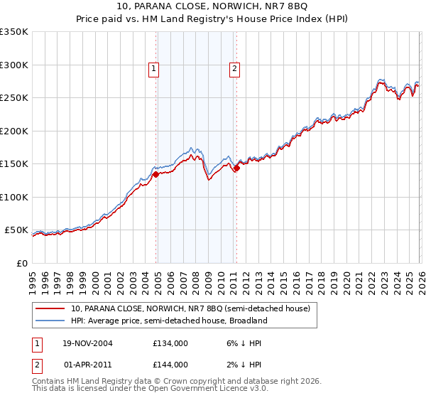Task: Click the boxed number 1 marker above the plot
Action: [154, 69]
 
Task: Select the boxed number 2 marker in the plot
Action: [234, 69]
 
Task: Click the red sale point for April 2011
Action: [236, 168]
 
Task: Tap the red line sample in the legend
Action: [50, 309]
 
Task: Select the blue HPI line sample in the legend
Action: [50, 321]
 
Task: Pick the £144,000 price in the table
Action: [170, 364]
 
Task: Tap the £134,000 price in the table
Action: [170, 343]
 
